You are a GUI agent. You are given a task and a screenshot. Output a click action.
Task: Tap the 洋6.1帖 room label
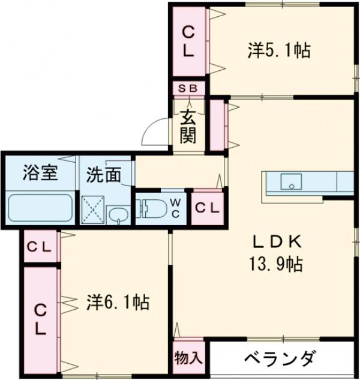click(118, 301)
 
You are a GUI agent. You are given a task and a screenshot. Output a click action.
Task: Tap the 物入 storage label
click(189, 358)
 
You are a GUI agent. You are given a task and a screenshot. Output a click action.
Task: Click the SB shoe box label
click(189, 88)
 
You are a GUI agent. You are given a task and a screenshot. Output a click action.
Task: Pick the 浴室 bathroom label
click(40, 173)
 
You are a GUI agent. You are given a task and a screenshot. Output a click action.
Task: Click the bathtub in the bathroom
click(40, 208)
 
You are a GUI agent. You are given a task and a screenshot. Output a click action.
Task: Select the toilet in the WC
click(153, 208)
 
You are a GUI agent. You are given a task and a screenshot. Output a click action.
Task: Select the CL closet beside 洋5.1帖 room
click(188, 40)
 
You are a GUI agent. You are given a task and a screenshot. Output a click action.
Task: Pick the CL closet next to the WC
click(208, 208)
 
